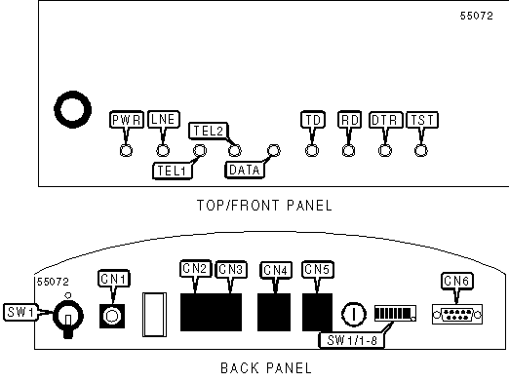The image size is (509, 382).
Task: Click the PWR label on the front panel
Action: [x=127, y=120]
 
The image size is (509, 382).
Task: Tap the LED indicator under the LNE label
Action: [x=163, y=150]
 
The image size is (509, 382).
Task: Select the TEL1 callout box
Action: [x=173, y=171]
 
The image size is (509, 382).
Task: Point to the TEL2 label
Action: [x=209, y=131]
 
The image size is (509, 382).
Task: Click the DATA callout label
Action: [x=245, y=170]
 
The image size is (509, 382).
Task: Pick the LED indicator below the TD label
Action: [x=312, y=150]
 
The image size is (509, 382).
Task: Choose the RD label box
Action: [x=350, y=120]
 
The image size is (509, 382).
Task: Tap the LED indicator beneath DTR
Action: [x=385, y=150]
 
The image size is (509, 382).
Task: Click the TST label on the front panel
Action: [x=422, y=120]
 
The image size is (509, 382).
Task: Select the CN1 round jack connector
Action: [x=112, y=316]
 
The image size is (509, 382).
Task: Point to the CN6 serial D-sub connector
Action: [x=457, y=315]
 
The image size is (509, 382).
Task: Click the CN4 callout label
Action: [x=276, y=270]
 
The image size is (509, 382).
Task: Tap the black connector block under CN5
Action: [x=317, y=312]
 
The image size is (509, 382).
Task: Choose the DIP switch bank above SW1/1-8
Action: [x=395, y=313]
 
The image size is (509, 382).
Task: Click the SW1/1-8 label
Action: [x=352, y=340]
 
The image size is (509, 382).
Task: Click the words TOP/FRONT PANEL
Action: [x=264, y=206]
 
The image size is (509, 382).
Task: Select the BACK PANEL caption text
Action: [x=266, y=368]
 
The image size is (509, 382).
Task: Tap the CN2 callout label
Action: [x=195, y=269]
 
